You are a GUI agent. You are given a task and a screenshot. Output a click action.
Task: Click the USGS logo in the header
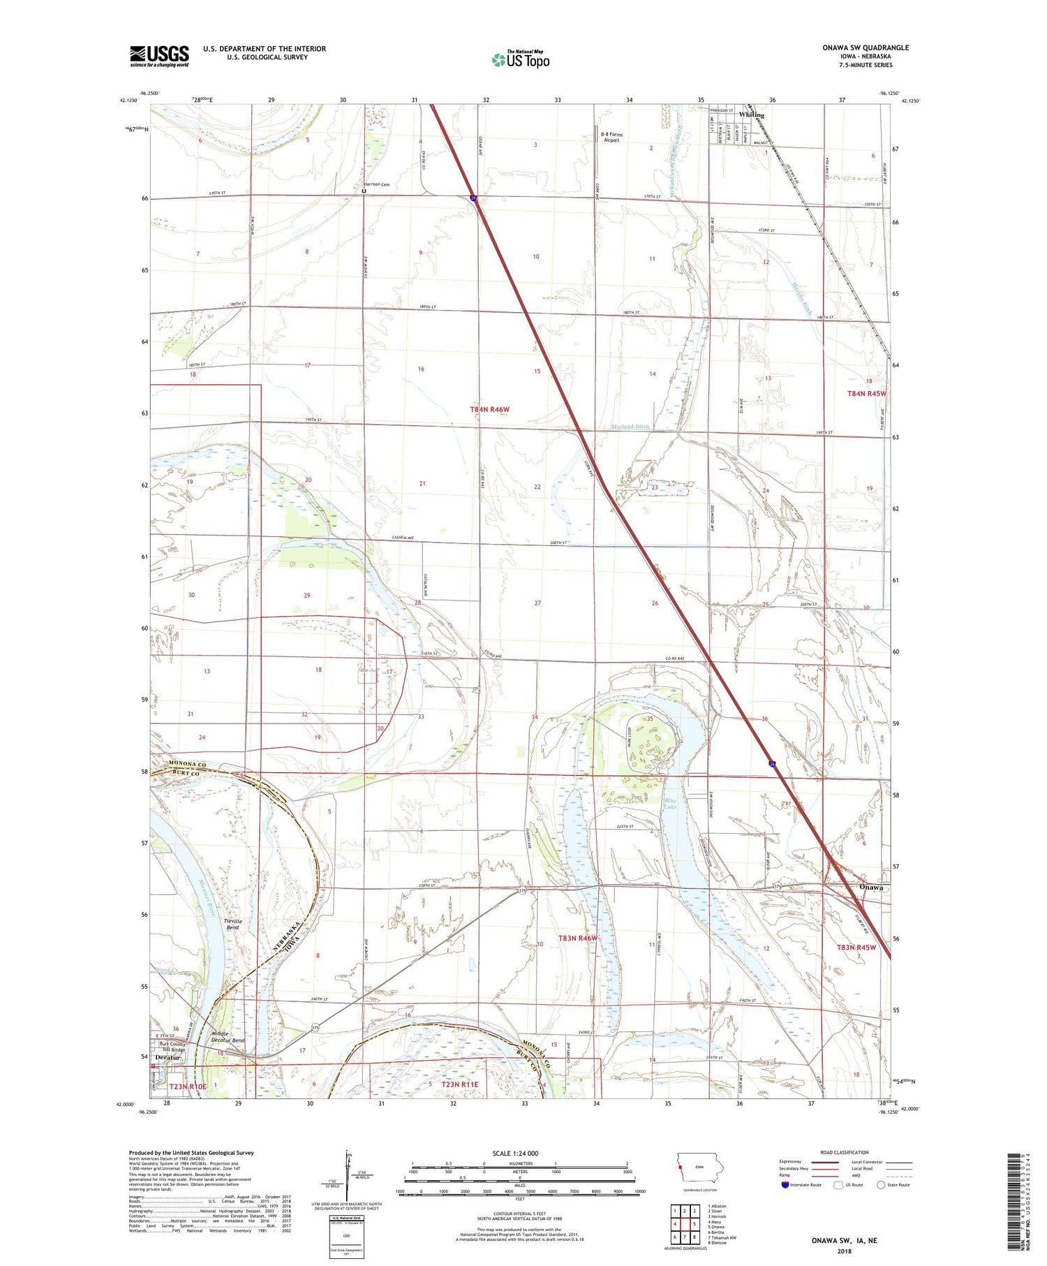pyautogui.click(x=159, y=56)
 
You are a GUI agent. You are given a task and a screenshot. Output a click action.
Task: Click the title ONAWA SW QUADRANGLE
pyautogui.click(x=865, y=47)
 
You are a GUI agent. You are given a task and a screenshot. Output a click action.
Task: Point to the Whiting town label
pyautogui.click(x=751, y=115)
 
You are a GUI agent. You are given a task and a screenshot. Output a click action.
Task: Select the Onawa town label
pyautogui.click(x=870, y=887)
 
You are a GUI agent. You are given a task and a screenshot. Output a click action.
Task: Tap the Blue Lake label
pyautogui.click(x=670, y=803)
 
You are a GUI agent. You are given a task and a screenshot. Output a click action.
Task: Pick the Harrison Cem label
pyautogui.click(x=376, y=184)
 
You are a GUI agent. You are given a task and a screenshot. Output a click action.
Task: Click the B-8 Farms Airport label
pyautogui.click(x=611, y=137)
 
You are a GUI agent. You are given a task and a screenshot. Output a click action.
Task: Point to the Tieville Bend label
pyautogui.click(x=233, y=925)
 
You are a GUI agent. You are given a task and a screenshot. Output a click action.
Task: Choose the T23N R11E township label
pyautogui.click(x=460, y=1084)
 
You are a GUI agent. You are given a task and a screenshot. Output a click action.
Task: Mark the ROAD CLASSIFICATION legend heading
pyautogui.click(x=844, y=1152)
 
